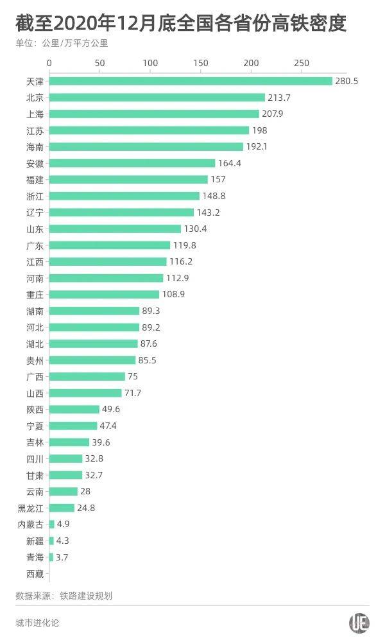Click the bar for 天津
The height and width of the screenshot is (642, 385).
point(191,81)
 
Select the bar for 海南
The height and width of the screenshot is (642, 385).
point(146,146)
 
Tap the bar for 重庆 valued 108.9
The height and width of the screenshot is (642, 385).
point(104,294)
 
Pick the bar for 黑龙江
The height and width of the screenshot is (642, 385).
point(62,508)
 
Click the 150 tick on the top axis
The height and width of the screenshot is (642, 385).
point(200,63)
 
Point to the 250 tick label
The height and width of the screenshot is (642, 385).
point(301,63)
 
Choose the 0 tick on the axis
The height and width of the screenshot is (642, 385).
point(49,63)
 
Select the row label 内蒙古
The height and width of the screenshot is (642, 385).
point(31,525)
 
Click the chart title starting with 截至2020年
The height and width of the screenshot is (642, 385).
point(181,24)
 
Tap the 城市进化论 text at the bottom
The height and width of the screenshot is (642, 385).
point(37,623)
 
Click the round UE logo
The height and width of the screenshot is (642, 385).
point(359,623)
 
